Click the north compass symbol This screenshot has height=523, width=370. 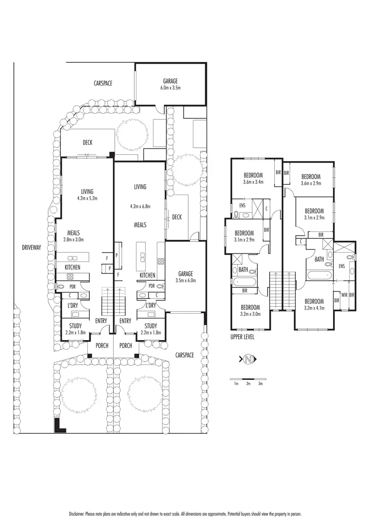tap(248, 359)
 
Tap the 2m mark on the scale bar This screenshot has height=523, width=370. tap(248, 384)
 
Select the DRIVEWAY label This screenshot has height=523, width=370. tap(31, 248)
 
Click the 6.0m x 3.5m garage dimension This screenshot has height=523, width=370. tap(170, 87)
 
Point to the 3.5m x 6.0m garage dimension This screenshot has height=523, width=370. tap(186, 280)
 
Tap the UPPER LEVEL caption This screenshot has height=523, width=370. tap(242, 337)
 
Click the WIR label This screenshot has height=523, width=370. tap(344, 294)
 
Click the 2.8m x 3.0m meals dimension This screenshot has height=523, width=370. tap(74, 239)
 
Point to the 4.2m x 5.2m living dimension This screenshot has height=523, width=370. tap(87, 199)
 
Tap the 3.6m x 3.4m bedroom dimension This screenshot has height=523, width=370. tap(253, 182)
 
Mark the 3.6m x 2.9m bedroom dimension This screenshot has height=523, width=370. tap(311, 183)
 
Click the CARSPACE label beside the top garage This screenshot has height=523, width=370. tap(103, 84)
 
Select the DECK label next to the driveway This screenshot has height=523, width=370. tap(87, 143)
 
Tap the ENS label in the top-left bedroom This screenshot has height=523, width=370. tap(242, 206)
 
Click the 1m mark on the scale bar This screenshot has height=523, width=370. tap(236, 384)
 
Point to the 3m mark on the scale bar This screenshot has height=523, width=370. tap(260, 384)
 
